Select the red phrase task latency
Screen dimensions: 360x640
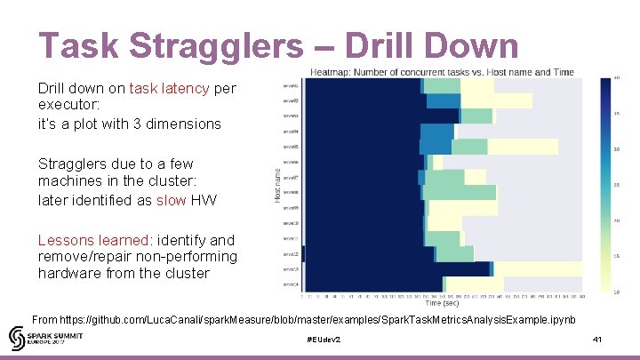(170, 89)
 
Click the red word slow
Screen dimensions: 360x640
(172, 200)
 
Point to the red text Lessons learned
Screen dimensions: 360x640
(92, 240)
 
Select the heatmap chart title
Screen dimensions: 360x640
(442, 72)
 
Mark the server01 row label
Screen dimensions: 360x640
(291, 86)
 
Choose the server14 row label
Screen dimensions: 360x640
(291, 284)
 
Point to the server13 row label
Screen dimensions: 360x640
(291, 269)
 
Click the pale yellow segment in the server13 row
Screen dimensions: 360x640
(538, 269)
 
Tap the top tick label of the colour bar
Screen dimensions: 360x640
(616, 78)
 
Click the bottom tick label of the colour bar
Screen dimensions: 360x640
(616, 292)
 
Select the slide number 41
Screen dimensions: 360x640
(597, 340)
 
